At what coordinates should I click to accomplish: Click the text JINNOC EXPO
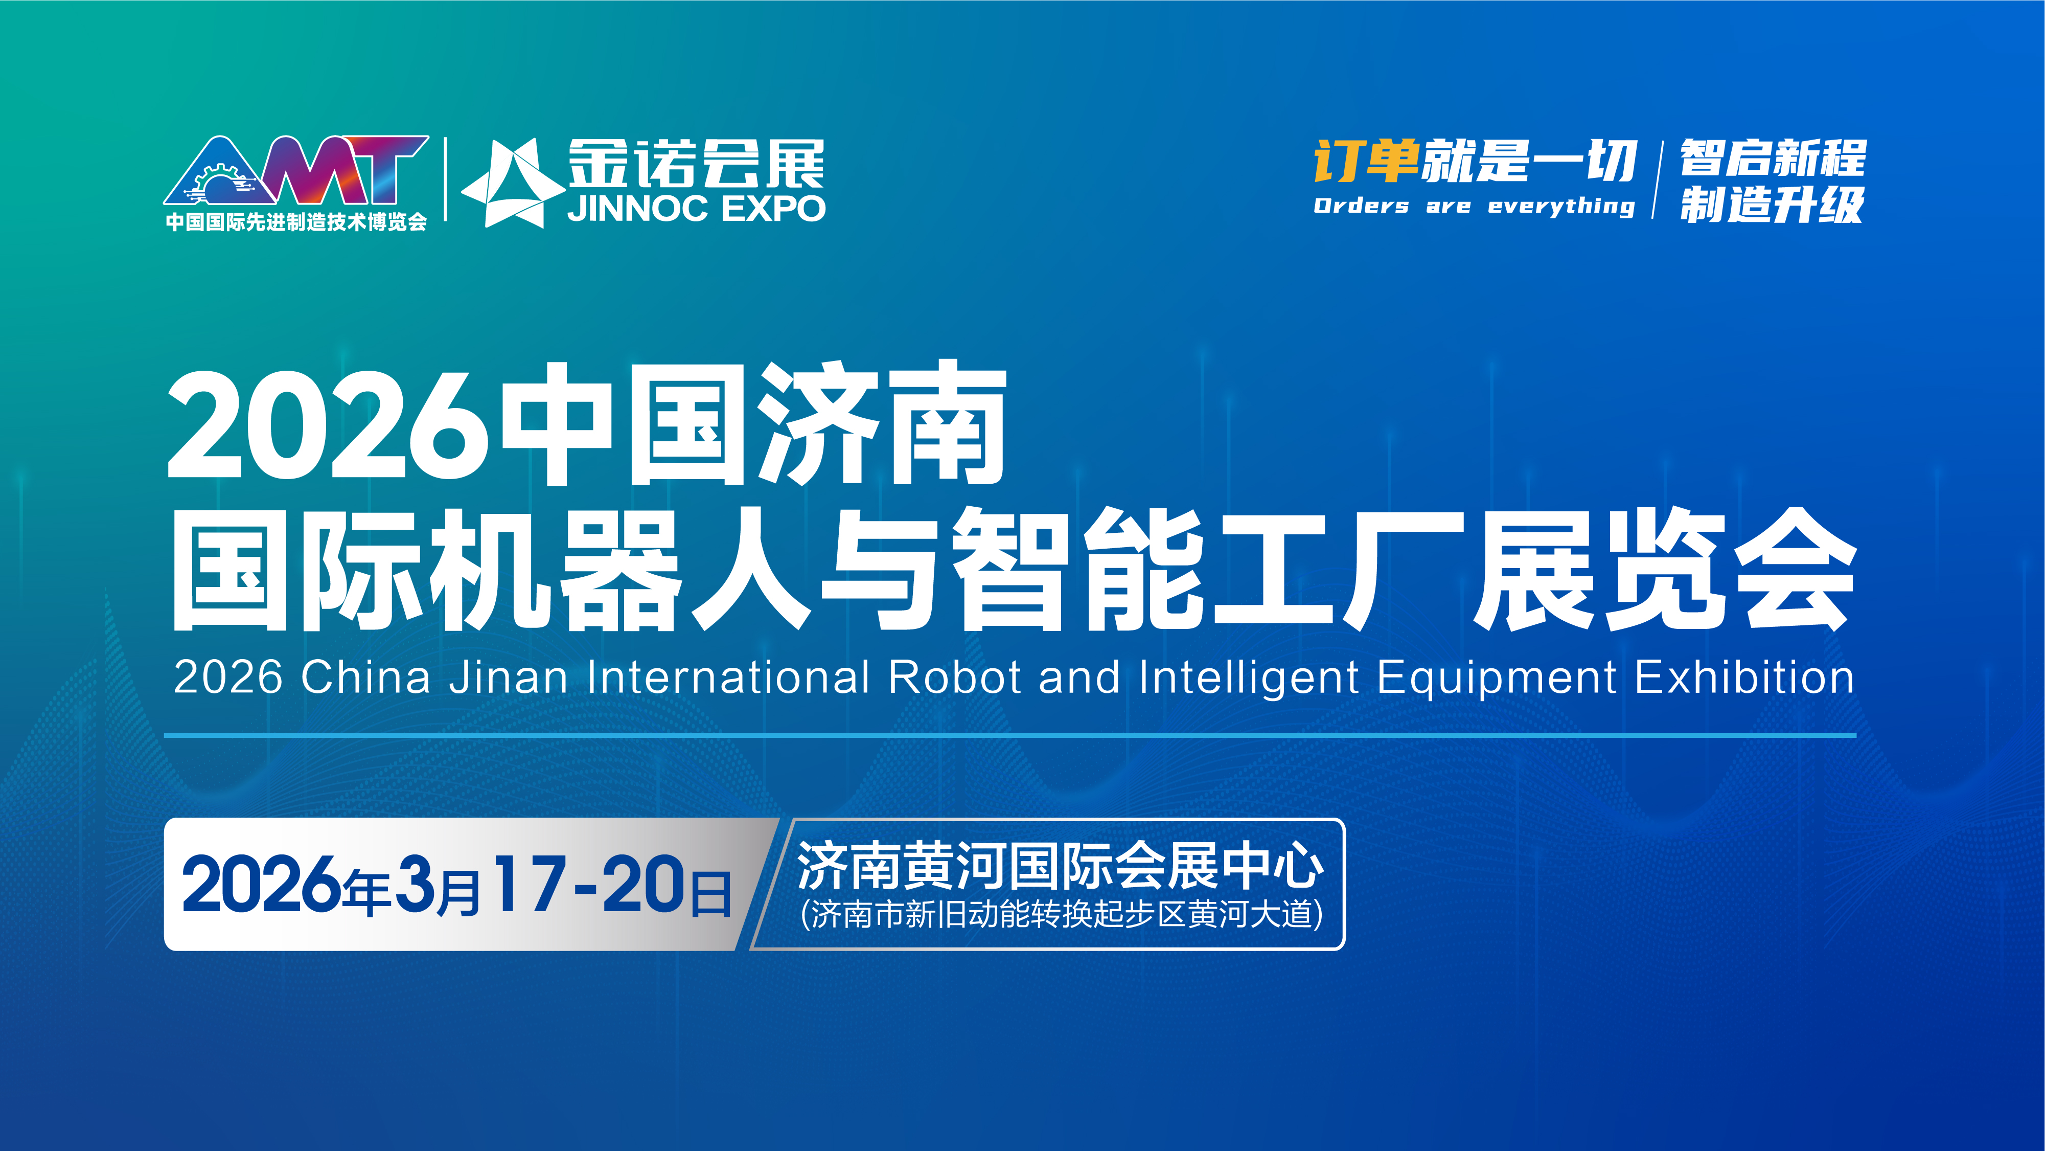click(x=696, y=208)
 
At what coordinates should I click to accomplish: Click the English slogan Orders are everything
click(x=1474, y=206)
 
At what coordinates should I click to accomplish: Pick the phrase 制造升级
click(x=1771, y=205)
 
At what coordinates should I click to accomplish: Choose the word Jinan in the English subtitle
click(x=508, y=678)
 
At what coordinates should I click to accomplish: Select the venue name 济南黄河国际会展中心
click(x=1061, y=865)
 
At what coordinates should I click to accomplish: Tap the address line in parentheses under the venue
click(x=1062, y=914)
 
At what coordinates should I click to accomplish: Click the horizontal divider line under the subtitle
click(x=1010, y=736)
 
